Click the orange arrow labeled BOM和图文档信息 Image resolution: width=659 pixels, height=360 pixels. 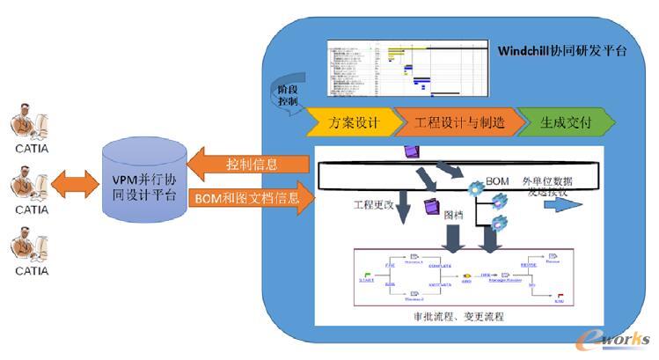[252, 198]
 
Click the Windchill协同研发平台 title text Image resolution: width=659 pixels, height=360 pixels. [556, 50]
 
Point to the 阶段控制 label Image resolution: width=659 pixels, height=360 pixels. [287, 95]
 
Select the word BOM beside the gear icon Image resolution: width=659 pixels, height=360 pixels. [498, 180]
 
